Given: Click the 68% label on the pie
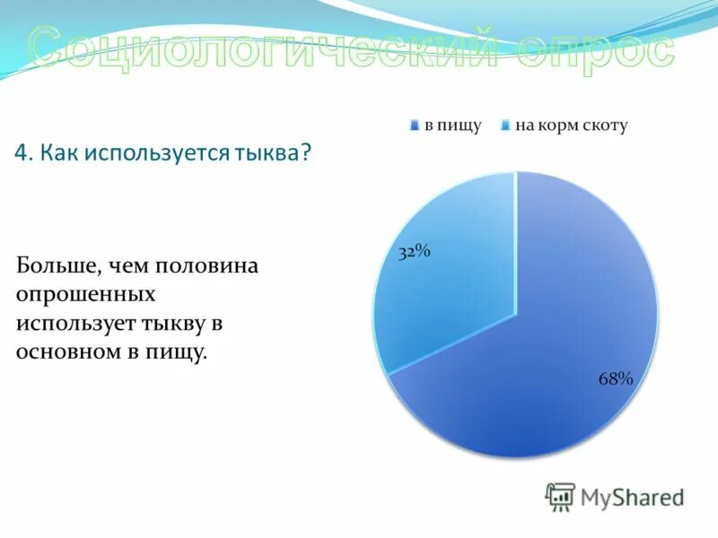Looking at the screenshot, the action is coord(616,378).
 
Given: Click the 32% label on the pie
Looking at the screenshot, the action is coord(415,252).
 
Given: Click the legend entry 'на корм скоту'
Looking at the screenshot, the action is coord(570,126).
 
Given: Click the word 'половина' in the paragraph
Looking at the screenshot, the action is coord(207,266).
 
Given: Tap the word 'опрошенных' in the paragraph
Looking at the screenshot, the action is coord(85,294).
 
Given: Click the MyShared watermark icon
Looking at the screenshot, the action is coord(560,497).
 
